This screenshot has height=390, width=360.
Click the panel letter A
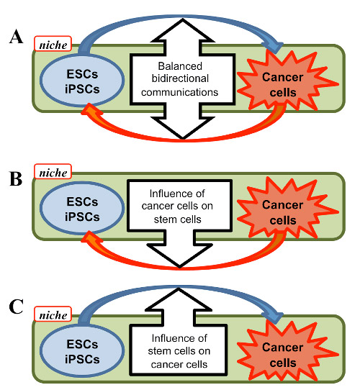click(x=17, y=37)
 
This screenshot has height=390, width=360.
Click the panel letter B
click(x=16, y=179)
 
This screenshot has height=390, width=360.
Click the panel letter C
click(x=16, y=307)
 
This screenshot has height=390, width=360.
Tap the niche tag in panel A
click(x=53, y=44)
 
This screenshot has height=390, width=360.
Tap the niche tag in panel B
click(x=53, y=171)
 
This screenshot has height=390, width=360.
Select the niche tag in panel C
click(x=53, y=314)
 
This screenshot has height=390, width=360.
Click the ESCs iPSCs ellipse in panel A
click(x=82, y=81)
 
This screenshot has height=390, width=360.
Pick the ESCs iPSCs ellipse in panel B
click(x=82, y=209)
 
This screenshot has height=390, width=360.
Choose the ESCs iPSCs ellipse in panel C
click(x=82, y=351)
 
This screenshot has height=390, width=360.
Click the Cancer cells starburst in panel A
click(x=287, y=81)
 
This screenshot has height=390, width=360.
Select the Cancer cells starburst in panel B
click(x=287, y=209)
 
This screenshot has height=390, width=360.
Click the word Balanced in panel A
click(x=180, y=66)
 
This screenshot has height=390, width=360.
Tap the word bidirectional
click(x=180, y=78)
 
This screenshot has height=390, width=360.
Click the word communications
click(x=179, y=92)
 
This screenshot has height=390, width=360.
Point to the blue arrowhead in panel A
click(x=274, y=47)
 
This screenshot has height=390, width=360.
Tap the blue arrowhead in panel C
click(x=274, y=317)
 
